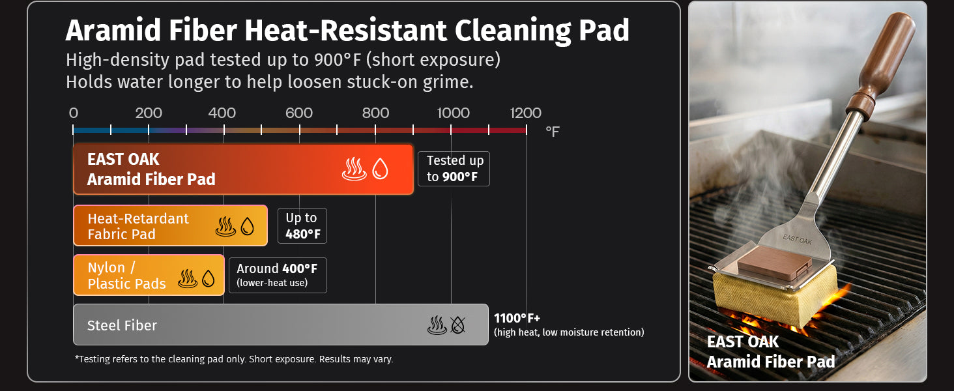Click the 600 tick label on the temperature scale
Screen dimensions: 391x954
click(x=299, y=113)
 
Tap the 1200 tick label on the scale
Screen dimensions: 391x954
click(x=525, y=113)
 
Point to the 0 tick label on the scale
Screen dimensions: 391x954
click(x=74, y=113)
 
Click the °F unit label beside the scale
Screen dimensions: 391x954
click(x=552, y=132)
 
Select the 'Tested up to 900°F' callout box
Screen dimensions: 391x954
click(x=455, y=169)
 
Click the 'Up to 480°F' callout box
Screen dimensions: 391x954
click(x=302, y=225)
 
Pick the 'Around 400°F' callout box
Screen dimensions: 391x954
click(x=277, y=275)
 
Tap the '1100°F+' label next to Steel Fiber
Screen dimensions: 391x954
click(x=517, y=318)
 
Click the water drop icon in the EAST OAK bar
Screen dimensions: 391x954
click(x=380, y=170)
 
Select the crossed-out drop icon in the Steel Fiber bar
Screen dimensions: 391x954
click(x=458, y=325)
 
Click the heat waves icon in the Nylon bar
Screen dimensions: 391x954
click(x=188, y=279)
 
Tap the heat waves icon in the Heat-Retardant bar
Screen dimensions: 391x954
click(x=226, y=227)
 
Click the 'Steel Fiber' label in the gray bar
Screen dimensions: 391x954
click(x=122, y=325)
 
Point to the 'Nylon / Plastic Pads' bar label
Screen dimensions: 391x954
click(x=126, y=276)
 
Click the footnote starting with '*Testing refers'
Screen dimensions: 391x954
click(x=234, y=359)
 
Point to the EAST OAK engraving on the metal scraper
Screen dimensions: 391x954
click(x=797, y=239)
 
